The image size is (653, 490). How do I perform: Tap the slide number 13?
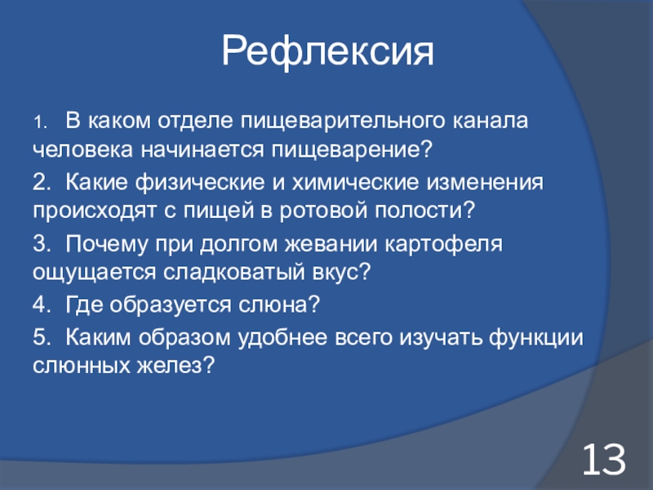[604, 459]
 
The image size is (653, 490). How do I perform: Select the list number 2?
[42, 182]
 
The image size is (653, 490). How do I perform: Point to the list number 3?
[42, 243]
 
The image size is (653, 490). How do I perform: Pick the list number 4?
[42, 305]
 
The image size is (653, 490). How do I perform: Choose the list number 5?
[42, 336]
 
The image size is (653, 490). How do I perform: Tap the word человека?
[83, 149]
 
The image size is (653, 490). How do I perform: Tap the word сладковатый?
[233, 273]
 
